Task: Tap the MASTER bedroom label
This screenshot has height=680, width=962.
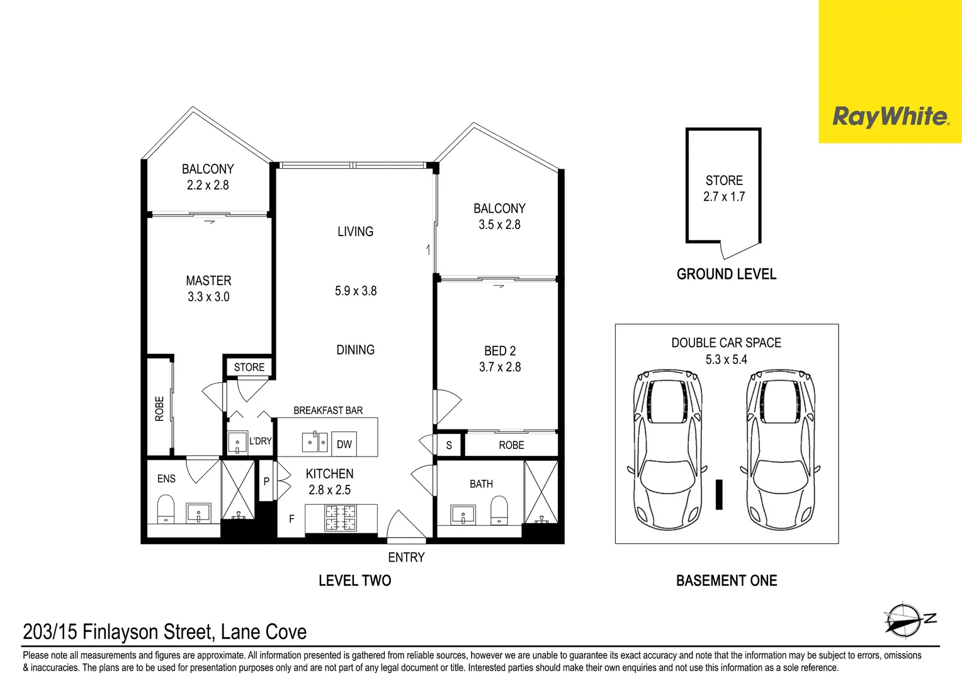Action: click(209, 281)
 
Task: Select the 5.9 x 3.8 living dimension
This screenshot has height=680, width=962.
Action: click(356, 291)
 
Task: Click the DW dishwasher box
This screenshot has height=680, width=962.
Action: click(344, 444)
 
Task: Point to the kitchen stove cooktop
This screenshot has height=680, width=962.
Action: click(341, 518)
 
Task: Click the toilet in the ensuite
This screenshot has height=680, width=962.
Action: click(166, 509)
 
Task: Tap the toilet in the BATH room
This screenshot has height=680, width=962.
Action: click(499, 511)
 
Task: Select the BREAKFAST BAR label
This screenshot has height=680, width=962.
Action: click(328, 411)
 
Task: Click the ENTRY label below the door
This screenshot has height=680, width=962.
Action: click(406, 557)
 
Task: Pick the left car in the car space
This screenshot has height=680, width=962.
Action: click(668, 450)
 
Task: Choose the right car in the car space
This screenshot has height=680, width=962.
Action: click(780, 450)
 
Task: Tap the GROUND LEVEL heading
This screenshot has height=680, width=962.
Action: click(727, 274)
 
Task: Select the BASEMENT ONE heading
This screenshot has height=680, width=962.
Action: click(727, 581)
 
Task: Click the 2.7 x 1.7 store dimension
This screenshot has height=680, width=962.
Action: click(724, 196)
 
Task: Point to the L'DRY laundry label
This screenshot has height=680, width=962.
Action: click(260, 441)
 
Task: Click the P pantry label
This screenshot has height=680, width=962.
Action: click(266, 482)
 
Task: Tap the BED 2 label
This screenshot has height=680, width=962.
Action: click(500, 351)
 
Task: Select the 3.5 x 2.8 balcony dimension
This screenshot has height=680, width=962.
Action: click(499, 224)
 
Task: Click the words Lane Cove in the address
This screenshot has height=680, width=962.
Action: click(264, 632)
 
